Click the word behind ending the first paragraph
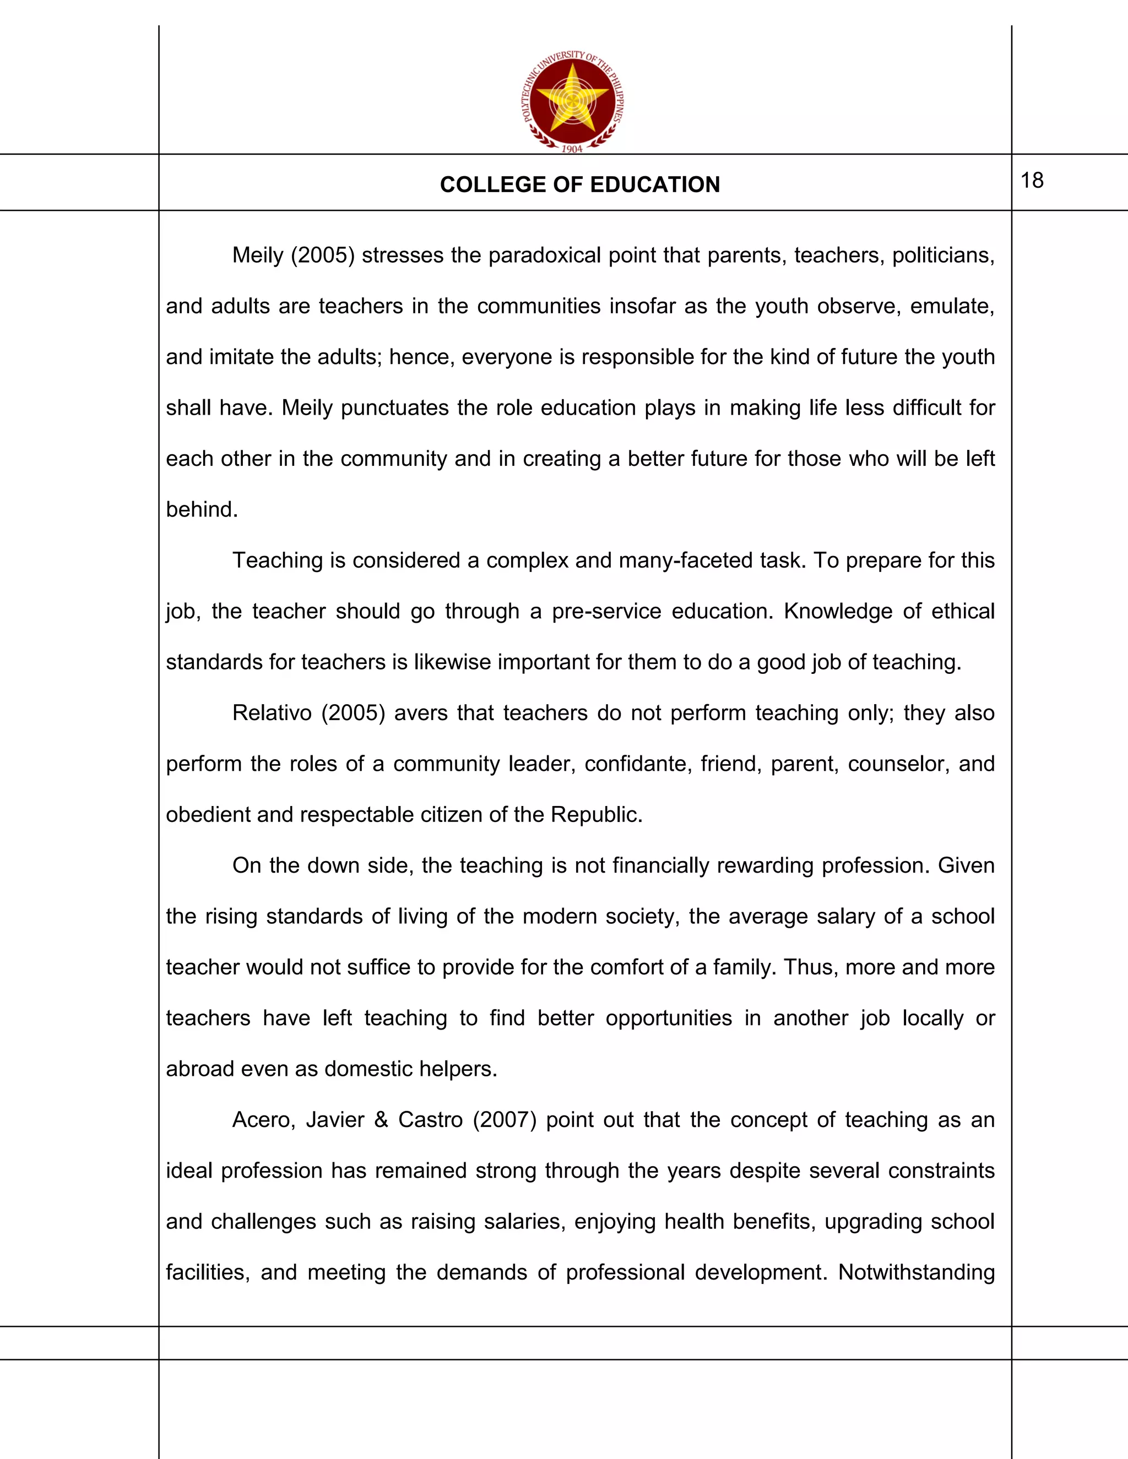200,510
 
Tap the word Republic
595,815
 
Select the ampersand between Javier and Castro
382,1120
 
